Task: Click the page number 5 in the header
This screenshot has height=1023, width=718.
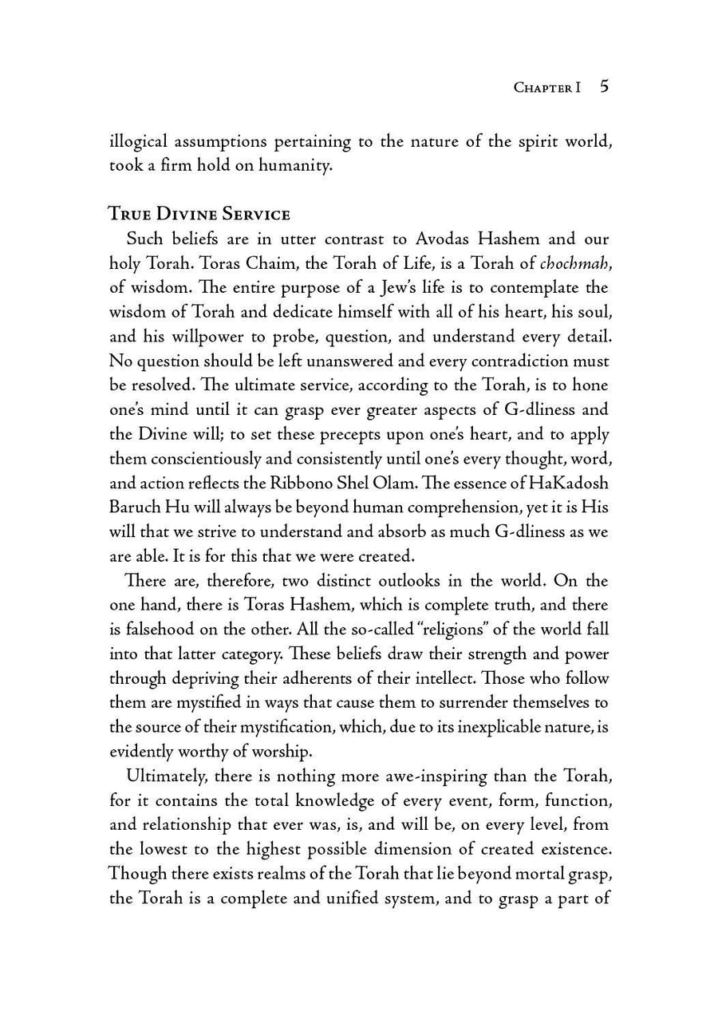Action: (604, 87)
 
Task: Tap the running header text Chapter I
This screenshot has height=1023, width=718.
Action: (546, 88)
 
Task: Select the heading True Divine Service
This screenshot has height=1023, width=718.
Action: (199, 214)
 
